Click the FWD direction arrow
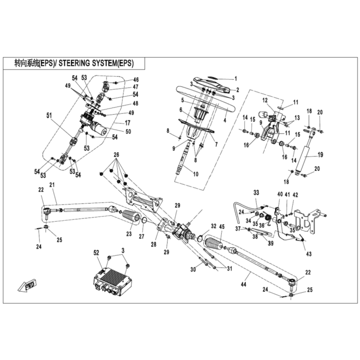(x=27, y=285)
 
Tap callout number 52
(x=96, y=253)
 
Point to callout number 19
(x=320, y=155)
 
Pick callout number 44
(x=243, y=284)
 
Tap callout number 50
(x=129, y=131)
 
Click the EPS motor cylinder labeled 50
(x=99, y=128)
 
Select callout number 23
(x=129, y=233)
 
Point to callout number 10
(x=195, y=174)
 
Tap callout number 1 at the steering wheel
(x=236, y=79)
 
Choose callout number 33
(x=256, y=192)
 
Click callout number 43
(x=309, y=254)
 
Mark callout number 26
(x=116, y=155)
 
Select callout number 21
(x=52, y=185)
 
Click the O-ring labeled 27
(x=144, y=221)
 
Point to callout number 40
(x=280, y=194)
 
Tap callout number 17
(x=127, y=123)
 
